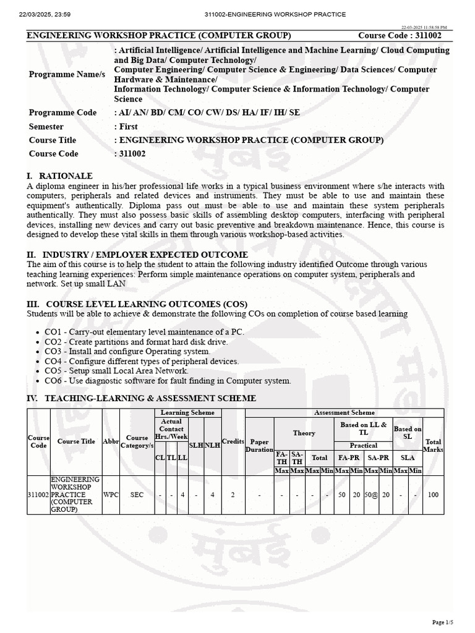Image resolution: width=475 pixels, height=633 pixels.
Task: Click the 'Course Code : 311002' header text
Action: (400, 36)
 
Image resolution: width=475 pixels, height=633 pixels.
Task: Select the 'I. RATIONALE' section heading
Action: (59, 176)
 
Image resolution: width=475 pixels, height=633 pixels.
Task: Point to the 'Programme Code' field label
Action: (62, 113)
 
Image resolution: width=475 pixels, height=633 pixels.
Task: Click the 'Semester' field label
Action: (46, 126)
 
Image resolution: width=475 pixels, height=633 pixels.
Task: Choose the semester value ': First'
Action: (126, 126)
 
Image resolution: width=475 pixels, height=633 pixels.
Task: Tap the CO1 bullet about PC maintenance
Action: (144, 332)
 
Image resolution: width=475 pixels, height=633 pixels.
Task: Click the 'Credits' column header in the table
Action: (233, 441)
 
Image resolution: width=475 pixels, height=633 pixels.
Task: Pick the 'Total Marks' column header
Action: (433, 446)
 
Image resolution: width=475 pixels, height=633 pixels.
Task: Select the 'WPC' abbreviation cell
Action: (111, 495)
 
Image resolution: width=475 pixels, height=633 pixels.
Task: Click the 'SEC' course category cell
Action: (137, 495)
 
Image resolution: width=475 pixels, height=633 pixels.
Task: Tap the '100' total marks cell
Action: (433, 495)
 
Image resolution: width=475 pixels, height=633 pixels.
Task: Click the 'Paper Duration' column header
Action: (259, 446)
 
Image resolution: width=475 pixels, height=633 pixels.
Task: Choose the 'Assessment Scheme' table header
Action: (344, 412)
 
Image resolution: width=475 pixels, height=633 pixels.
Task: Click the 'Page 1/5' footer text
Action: (442, 622)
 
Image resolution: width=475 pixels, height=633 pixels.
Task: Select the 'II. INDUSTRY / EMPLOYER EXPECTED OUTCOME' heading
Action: (137, 255)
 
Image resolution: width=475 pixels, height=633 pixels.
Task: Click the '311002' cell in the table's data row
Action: (38, 495)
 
